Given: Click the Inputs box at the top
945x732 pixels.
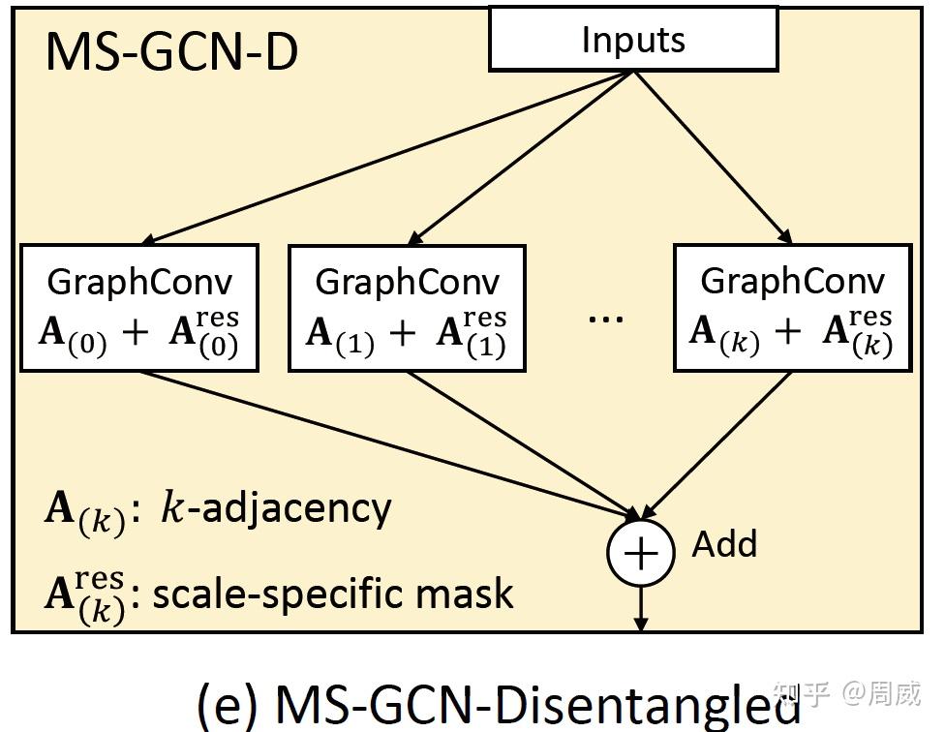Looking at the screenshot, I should click(633, 39).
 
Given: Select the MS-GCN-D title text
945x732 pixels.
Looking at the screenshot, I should click(171, 51).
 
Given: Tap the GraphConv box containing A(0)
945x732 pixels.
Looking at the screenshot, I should click(139, 308).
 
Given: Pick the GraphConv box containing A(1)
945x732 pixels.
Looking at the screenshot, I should click(407, 308).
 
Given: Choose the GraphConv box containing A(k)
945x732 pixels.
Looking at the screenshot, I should click(791, 308).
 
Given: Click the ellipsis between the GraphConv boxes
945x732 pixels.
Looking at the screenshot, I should click(606, 319).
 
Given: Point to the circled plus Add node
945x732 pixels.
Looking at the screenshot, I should click(640, 552).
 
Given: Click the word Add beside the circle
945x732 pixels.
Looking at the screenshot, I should click(724, 544).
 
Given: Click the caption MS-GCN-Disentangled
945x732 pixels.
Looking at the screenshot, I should click(537, 703).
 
